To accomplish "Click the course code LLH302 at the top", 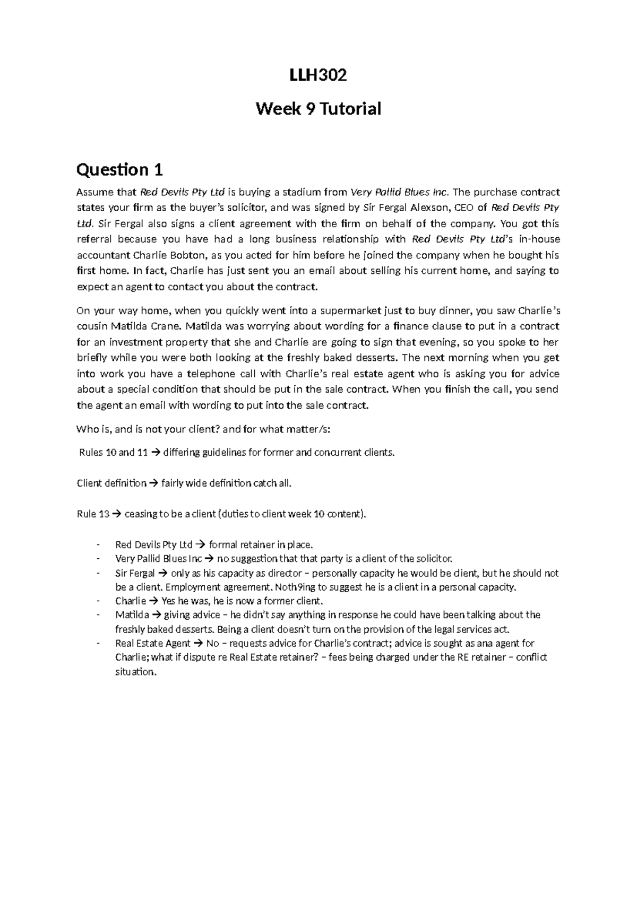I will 318,75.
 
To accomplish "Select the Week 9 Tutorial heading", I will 318,109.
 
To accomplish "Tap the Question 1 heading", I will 119,170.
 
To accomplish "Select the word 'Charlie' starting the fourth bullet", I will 130,601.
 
